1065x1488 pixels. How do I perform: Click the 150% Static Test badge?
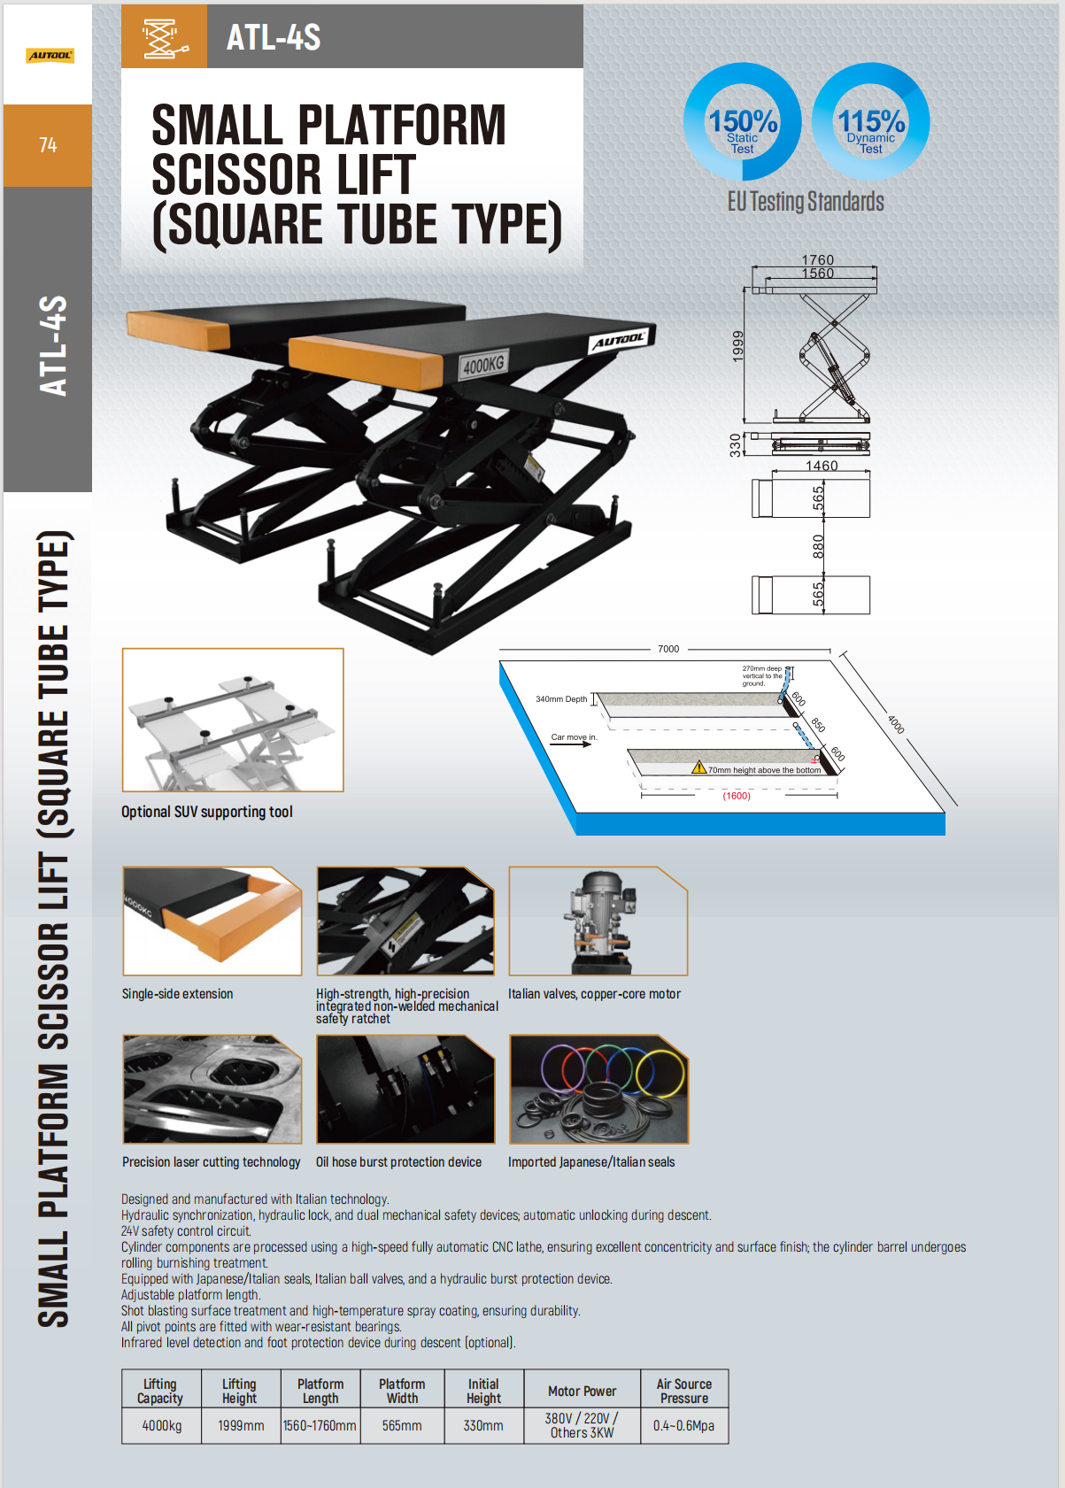click(742, 122)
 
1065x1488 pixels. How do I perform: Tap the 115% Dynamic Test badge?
click(871, 122)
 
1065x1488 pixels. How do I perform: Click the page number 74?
click(48, 145)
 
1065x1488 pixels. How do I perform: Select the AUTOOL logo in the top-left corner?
click(50, 56)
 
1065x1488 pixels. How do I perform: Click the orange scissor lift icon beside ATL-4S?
click(164, 37)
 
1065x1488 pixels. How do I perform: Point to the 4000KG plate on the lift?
click(483, 364)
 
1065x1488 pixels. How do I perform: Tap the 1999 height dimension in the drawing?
click(737, 346)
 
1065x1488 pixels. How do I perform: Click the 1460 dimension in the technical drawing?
click(821, 466)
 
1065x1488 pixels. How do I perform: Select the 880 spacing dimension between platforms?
click(818, 546)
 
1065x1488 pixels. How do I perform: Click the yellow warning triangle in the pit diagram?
click(698, 767)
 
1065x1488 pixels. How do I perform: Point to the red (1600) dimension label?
click(737, 796)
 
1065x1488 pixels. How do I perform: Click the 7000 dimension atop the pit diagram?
click(668, 649)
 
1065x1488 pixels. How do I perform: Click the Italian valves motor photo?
click(598, 921)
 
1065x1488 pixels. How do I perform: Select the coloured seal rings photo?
click(598, 1090)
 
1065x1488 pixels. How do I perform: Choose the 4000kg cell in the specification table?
click(162, 1425)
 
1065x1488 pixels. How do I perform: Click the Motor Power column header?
click(582, 1391)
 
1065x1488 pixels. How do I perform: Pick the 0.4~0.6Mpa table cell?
click(683, 1425)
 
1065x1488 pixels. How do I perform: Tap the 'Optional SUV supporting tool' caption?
click(207, 812)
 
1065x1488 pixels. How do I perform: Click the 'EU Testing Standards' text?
click(806, 202)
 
